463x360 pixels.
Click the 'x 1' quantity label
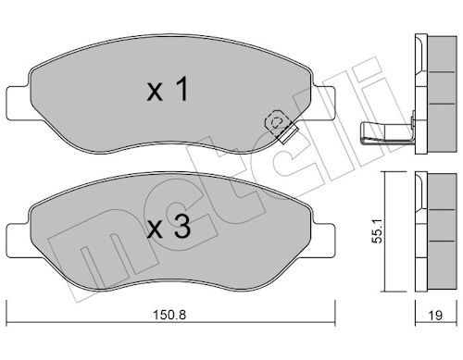point(168,89)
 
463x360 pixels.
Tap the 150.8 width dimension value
point(169,315)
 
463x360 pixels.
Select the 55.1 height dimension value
point(377,231)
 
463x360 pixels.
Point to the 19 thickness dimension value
point(435,316)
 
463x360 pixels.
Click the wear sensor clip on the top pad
point(281,126)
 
